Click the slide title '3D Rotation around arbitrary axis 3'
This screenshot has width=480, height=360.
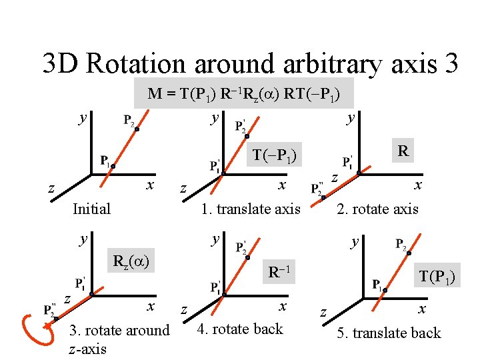(x=250, y=63)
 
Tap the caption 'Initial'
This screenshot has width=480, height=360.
(x=91, y=209)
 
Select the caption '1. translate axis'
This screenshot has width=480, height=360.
(x=251, y=209)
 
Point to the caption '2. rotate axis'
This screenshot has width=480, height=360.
(x=377, y=209)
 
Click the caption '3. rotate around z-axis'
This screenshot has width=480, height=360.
(x=119, y=339)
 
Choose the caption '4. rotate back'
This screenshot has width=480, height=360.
(x=241, y=329)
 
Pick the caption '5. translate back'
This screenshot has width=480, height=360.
(x=389, y=333)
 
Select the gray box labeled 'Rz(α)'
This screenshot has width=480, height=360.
(x=131, y=260)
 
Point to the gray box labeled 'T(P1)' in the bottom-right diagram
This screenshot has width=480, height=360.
(x=437, y=275)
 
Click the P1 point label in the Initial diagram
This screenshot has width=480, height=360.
(x=105, y=161)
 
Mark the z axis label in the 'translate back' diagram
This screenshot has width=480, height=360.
(x=323, y=312)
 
